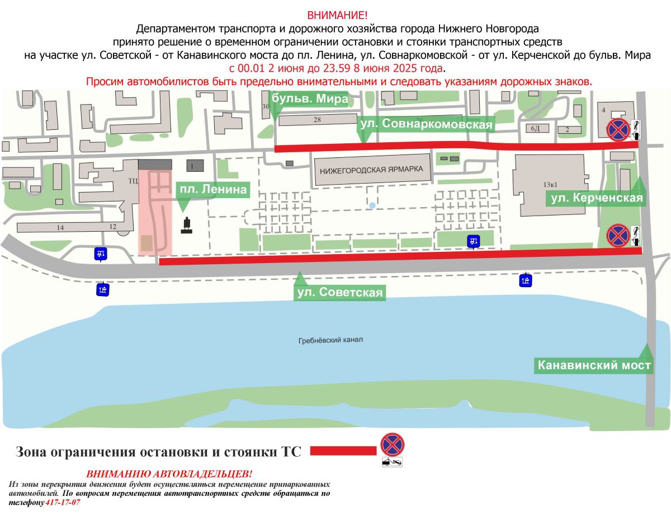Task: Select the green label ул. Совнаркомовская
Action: coord(426,124)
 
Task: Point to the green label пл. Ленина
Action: coord(212,190)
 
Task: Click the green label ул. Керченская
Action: coord(597,198)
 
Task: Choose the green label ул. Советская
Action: coord(339,293)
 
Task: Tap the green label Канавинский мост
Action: coord(594,366)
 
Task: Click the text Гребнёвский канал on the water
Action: coord(330,340)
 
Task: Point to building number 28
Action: coord(317,120)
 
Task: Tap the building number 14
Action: coord(60,227)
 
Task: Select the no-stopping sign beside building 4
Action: coord(617,130)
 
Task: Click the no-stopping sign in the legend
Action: coord(392,444)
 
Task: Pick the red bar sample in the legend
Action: coord(343,451)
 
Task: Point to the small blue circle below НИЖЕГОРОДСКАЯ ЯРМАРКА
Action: coord(372,205)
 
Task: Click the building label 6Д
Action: coord(536,129)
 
